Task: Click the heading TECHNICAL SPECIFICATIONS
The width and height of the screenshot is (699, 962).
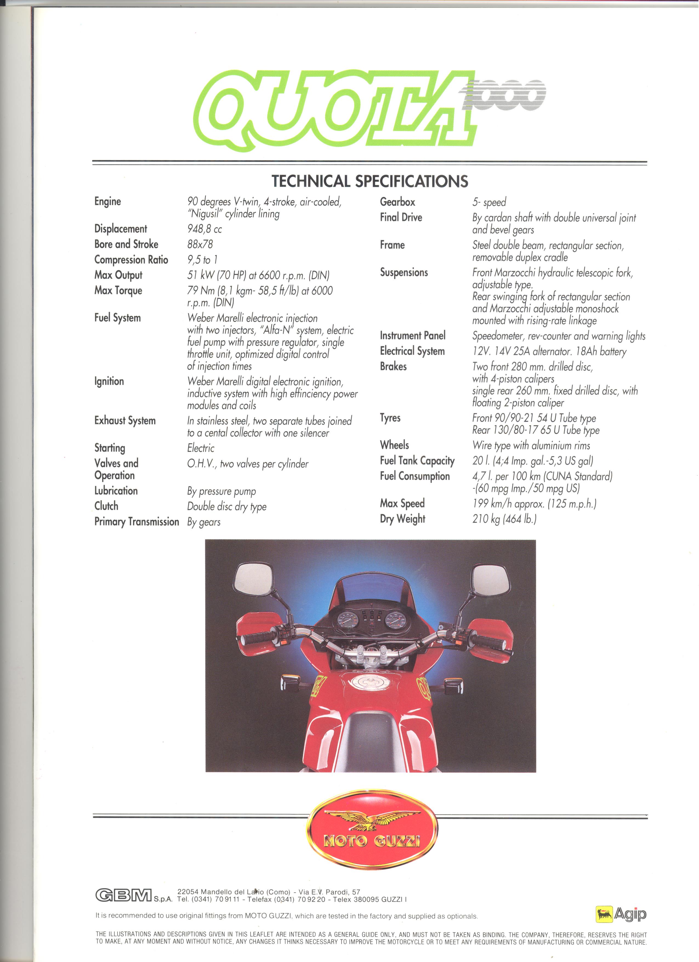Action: click(370, 181)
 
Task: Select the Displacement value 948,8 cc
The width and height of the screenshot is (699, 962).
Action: click(204, 229)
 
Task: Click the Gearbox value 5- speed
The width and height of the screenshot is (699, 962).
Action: click(489, 202)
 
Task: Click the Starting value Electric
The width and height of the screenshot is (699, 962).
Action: click(201, 448)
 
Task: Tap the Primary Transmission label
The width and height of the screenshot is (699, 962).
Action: click(137, 522)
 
